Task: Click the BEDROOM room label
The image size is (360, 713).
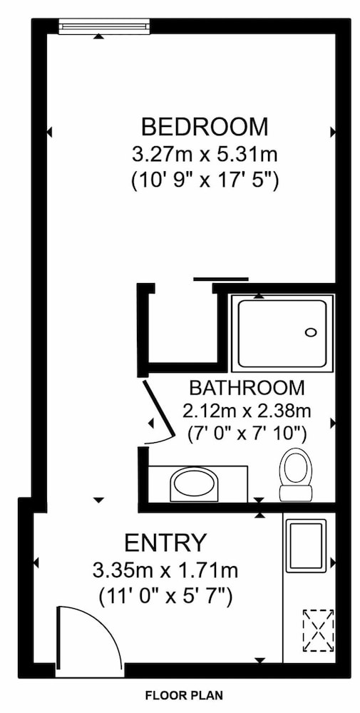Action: [205, 127]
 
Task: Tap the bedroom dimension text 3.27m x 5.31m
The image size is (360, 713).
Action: [205, 155]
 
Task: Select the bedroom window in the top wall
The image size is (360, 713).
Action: [104, 26]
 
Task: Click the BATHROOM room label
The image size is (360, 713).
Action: [247, 388]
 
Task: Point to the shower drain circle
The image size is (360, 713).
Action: [311, 332]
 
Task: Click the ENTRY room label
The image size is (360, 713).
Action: [166, 542]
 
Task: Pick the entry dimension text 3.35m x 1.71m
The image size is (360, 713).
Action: [165, 570]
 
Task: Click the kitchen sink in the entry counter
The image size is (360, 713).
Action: [309, 545]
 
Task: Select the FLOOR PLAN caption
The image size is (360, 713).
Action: [184, 695]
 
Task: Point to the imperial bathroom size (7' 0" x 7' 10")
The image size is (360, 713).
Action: [247, 435]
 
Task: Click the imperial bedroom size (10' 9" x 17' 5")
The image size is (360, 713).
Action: [205, 182]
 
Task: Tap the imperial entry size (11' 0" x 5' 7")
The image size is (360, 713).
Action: [165, 596]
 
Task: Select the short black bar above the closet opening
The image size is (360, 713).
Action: [221, 278]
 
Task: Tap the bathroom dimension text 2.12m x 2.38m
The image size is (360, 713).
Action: [247, 411]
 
